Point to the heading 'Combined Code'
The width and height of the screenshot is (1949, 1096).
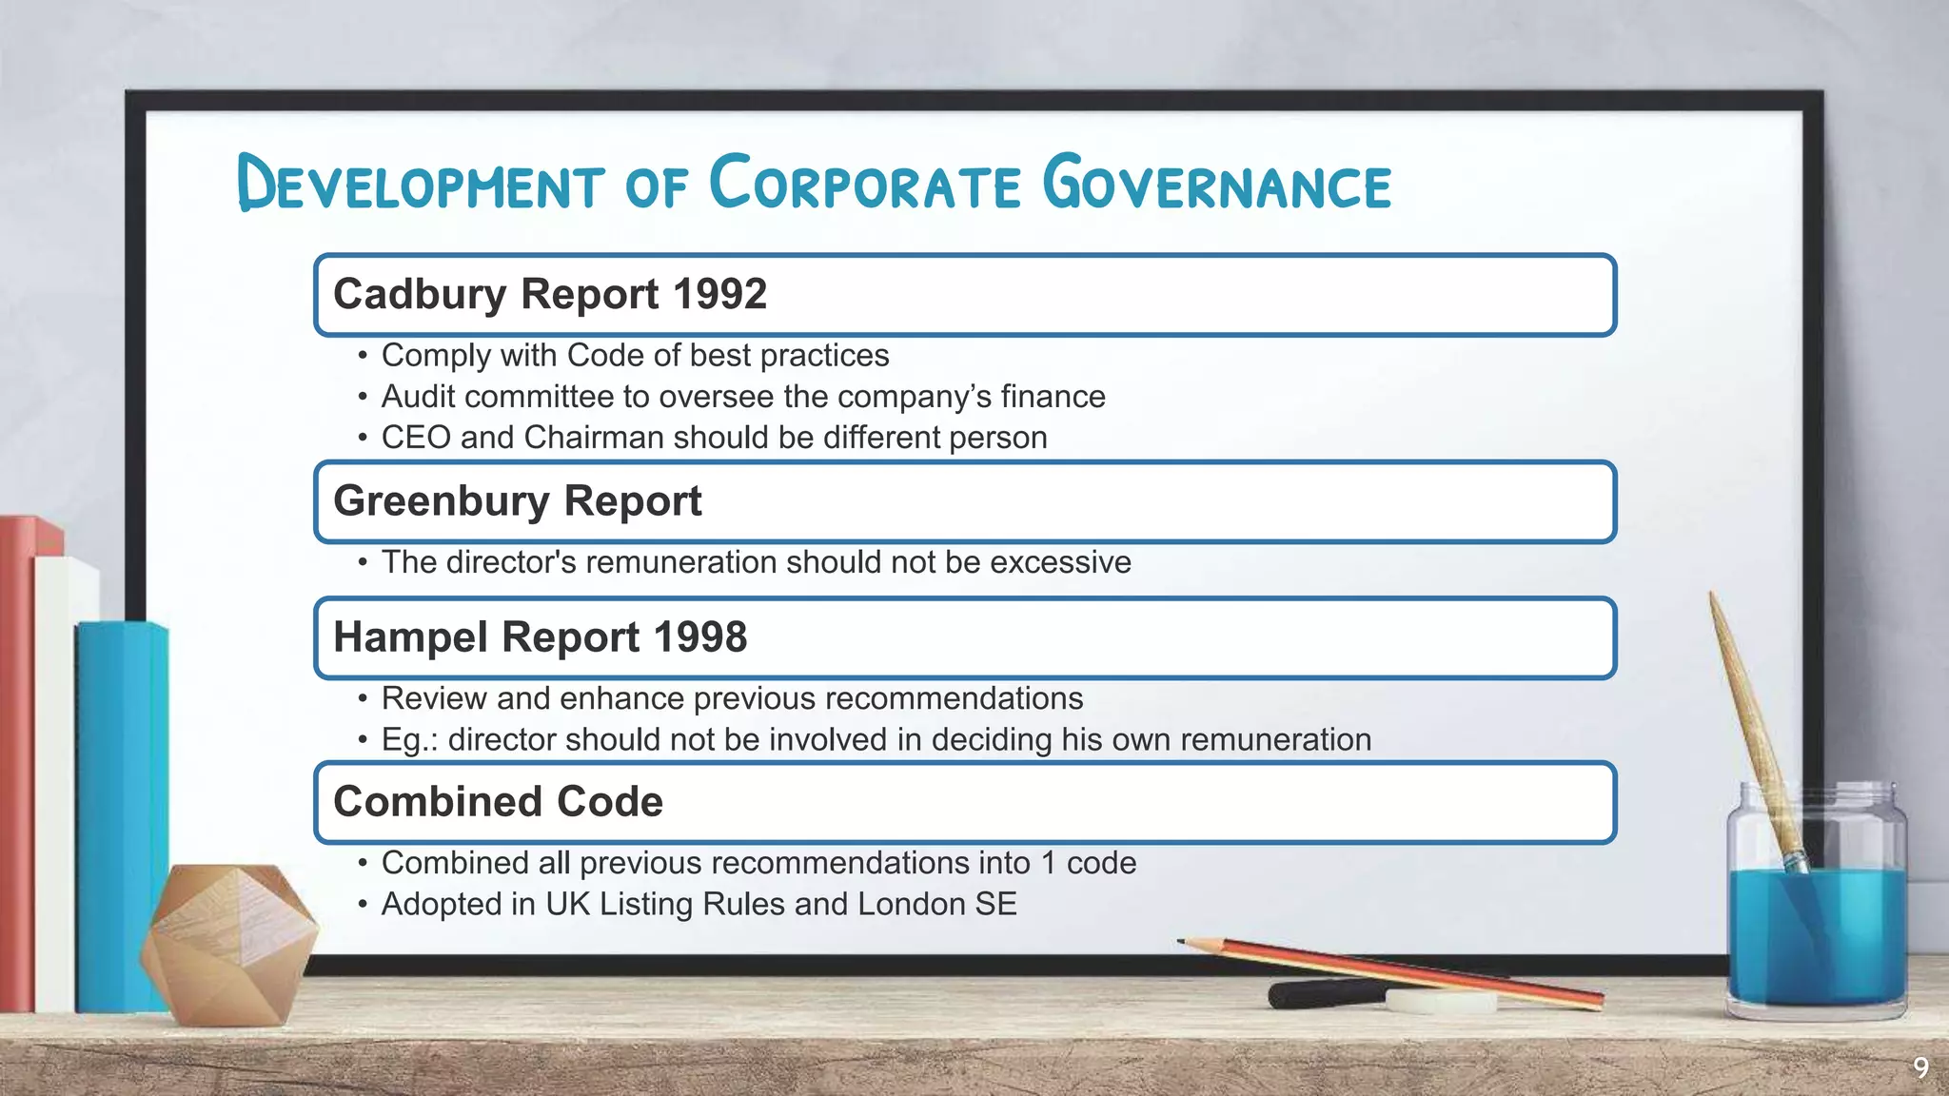(498, 802)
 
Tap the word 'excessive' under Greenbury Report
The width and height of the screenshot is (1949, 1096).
(1060, 562)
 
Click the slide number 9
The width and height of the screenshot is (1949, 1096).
(1920, 1067)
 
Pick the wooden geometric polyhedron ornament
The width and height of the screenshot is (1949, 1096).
(228, 942)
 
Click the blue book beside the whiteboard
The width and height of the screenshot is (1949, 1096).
(122, 809)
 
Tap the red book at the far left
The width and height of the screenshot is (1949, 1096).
(17, 761)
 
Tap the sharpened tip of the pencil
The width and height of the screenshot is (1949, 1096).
(1183, 942)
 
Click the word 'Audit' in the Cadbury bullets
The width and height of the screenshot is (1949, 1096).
(419, 397)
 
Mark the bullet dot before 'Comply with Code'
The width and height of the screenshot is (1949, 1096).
(362, 357)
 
